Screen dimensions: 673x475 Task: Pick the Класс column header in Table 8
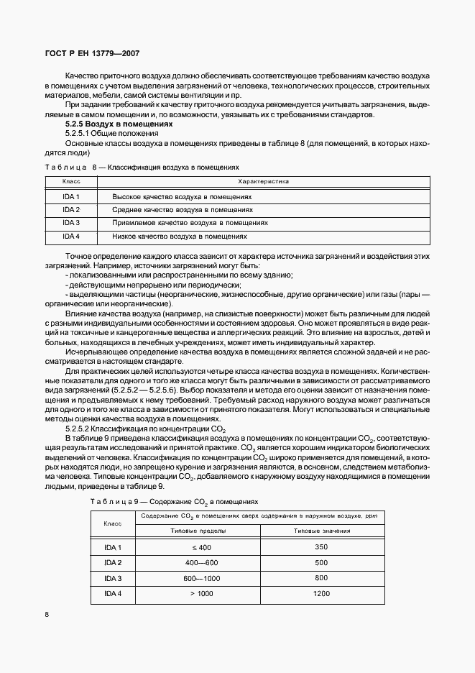(x=71, y=182)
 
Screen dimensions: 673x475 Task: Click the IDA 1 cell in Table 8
(x=71, y=196)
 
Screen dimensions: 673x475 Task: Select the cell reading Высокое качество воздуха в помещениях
(x=183, y=196)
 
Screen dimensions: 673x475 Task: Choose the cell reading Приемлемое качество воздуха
(x=190, y=223)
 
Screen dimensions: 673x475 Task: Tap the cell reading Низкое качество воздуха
(x=180, y=236)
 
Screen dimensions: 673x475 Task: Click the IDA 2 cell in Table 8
(x=71, y=210)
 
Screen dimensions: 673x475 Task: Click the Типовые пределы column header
(x=198, y=531)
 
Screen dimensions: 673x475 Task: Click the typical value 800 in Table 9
(x=321, y=578)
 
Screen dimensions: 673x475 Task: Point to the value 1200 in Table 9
(x=321, y=593)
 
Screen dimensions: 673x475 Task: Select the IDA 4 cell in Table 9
(x=113, y=593)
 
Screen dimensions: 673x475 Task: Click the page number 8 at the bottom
(x=47, y=614)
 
